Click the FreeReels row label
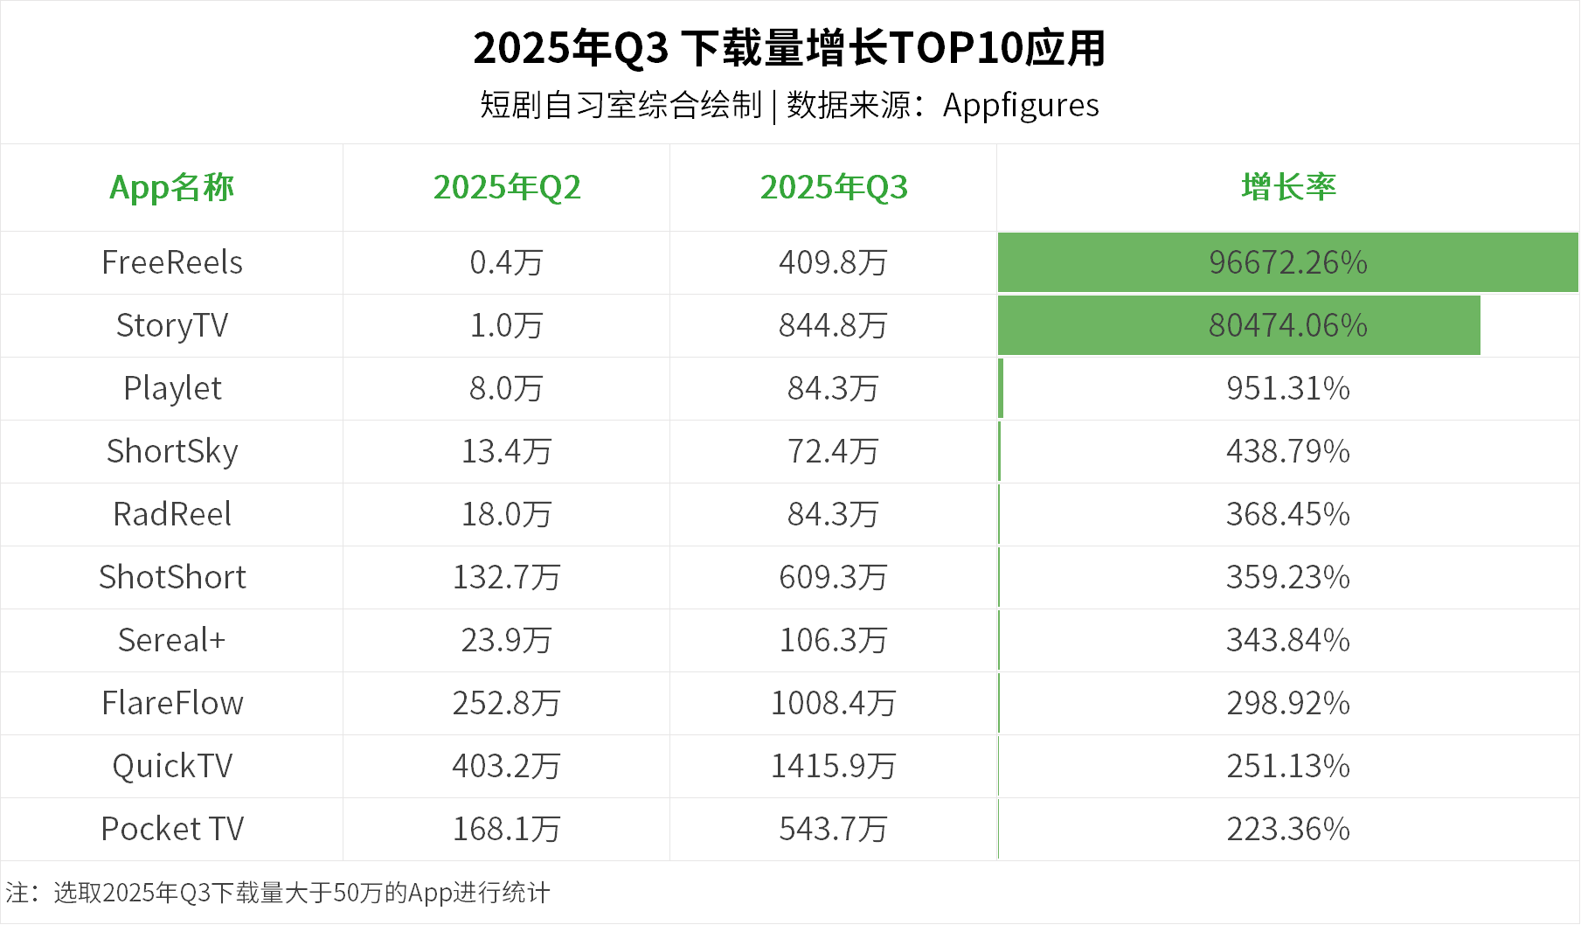(x=172, y=262)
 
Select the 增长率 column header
(x=1288, y=187)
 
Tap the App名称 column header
(x=171, y=187)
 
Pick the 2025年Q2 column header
(x=507, y=187)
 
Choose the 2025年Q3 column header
(x=834, y=187)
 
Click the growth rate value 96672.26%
(x=1288, y=262)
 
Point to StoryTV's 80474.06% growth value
(x=1288, y=325)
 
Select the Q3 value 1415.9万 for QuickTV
(x=834, y=766)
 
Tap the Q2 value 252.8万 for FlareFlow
(x=507, y=703)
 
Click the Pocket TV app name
(x=172, y=829)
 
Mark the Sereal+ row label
(x=172, y=640)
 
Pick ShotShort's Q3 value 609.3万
(x=834, y=577)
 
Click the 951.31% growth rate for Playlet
(x=1288, y=388)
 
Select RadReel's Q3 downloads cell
(x=834, y=514)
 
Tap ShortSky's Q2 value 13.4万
(x=507, y=451)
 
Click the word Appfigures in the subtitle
(x=1021, y=106)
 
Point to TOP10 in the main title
(x=954, y=48)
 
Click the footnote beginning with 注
(x=278, y=893)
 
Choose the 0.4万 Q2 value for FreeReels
(x=507, y=262)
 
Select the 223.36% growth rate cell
(x=1288, y=829)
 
